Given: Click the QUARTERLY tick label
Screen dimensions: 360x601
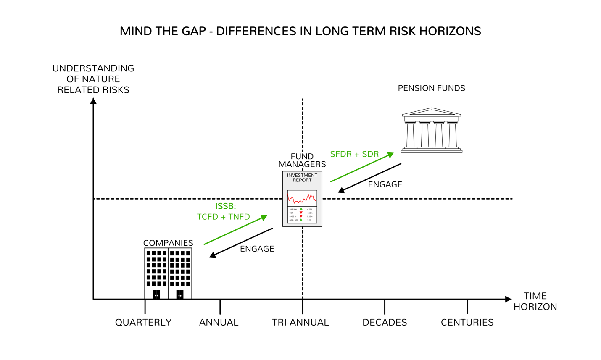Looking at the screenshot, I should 143,322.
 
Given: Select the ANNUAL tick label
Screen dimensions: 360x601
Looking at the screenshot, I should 219,322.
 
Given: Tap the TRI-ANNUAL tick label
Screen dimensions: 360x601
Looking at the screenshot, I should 300,322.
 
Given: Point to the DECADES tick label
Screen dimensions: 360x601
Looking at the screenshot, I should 385,322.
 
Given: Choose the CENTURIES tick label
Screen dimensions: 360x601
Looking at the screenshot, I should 467,322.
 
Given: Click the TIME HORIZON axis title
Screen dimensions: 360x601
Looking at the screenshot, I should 535,301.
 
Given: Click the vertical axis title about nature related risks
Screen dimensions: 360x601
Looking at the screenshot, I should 93,79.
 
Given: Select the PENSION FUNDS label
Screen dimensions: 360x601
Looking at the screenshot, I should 431,88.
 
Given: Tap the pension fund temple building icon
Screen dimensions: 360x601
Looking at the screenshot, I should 432,130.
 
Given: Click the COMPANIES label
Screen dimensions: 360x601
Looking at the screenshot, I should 168,243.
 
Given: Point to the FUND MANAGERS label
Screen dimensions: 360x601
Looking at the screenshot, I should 302,160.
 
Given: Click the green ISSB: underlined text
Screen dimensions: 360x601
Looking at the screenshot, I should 225,206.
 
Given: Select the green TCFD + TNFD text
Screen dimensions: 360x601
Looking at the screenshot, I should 223,217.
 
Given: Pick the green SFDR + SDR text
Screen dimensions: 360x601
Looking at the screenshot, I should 354,154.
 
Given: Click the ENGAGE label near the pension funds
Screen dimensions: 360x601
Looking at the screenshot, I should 385,184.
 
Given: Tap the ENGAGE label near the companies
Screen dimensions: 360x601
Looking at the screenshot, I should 257,249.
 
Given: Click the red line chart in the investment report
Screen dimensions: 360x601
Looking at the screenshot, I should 302,198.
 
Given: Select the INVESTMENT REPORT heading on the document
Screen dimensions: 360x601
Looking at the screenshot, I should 302,178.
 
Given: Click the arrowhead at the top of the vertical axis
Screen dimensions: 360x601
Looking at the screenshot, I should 93,101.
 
